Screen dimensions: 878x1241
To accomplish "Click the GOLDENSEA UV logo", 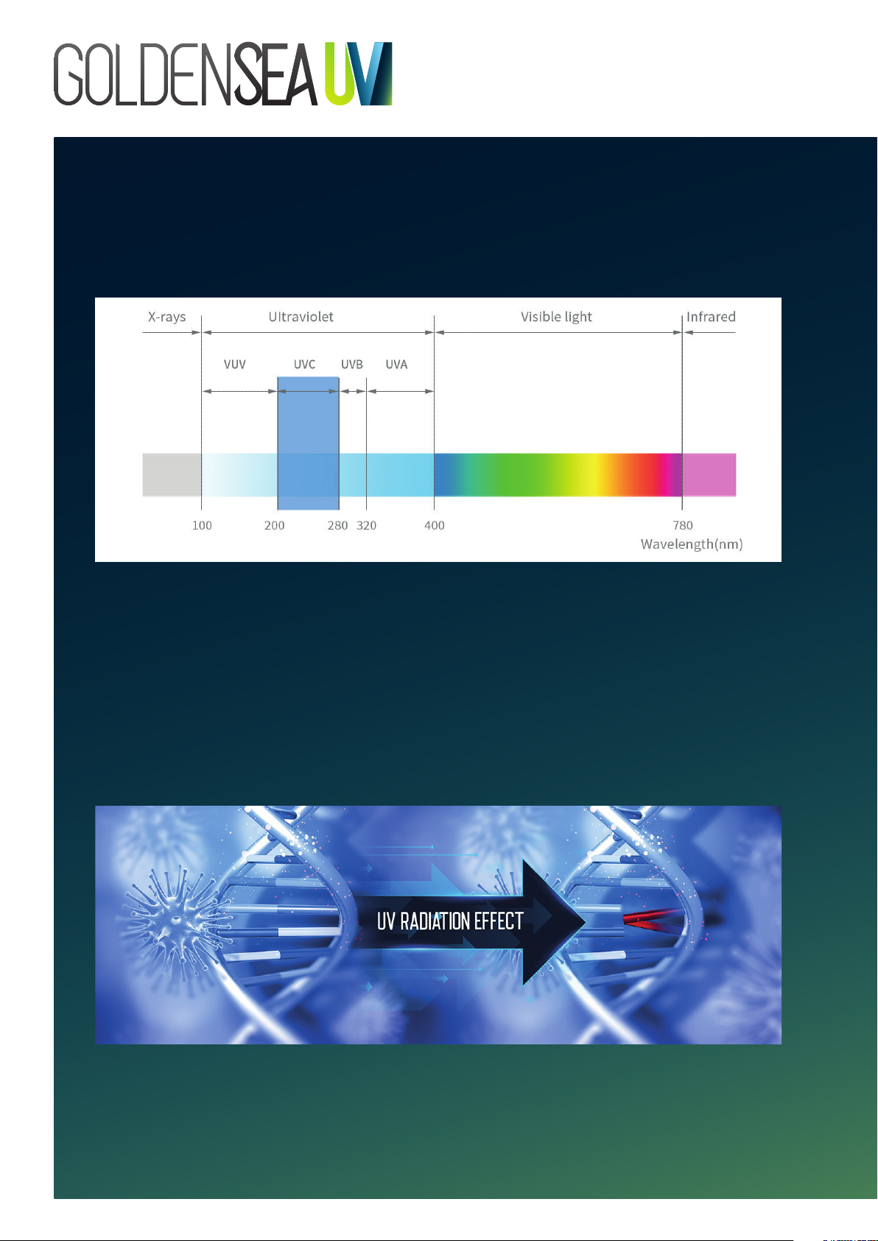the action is pyautogui.click(x=222, y=74).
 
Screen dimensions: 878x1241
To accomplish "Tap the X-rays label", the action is pyautogui.click(x=166, y=317).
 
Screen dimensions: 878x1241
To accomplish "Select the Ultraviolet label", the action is pyautogui.click(x=301, y=317).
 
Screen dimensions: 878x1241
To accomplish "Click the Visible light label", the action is pyautogui.click(x=556, y=317).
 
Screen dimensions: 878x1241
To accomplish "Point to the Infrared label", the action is pyautogui.click(x=711, y=317).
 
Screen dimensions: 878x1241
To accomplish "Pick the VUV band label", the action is pyautogui.click(x=234, y=364).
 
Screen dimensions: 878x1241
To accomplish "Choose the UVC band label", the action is pyautogui.click(x=304, y=364).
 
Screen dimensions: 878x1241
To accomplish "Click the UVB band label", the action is pyautogui.click(x=352, y=364).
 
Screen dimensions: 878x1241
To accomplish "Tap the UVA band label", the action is pyautogui.click(x=396, y=364).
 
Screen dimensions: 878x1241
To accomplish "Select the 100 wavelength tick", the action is pyautogui.click(x=202, y=525).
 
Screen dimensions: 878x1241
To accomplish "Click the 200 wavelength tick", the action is pyautogui.click(x=274, y=525).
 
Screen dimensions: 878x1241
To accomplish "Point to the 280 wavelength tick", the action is pyautogui.click(x=337, y=525).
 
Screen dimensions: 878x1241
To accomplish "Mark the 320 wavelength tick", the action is pyautogui.click(x=366, y=525).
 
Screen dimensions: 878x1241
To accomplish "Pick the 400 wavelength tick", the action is pyautogui.click(x=435, y=525).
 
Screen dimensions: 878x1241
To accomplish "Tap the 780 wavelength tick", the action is pyautogui.click(x=683, y=525).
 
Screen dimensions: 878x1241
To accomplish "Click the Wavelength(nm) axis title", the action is pyautogui.click(x=692, y=544).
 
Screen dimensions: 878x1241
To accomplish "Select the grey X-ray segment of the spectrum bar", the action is pyautogui.click(x=172, y=475).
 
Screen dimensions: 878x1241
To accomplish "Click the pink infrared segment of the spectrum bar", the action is pyautogui.click(x=709, y=475).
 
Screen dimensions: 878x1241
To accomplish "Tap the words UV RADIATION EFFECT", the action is pyautogui.click(x=450, y=921).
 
